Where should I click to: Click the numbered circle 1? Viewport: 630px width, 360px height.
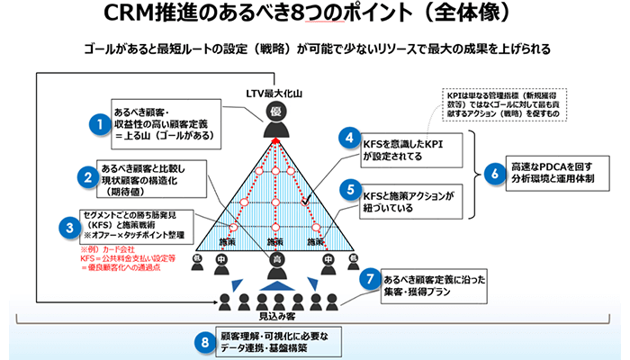[101, 124]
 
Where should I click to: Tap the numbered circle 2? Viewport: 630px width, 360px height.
[86, 178]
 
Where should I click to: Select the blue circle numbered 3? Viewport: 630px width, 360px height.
[68, 228]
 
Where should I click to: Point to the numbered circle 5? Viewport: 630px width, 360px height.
[348, 191]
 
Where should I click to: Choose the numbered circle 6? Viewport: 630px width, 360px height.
[493, 173]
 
